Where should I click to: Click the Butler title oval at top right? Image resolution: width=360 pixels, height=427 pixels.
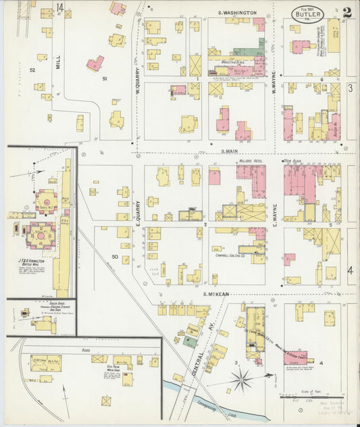coord(307,14)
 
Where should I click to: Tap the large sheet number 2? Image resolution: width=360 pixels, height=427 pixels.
coord(346,11)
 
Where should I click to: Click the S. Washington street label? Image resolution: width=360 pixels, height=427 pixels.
coord(237,13)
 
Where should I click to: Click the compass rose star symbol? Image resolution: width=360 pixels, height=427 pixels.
coord(241,380)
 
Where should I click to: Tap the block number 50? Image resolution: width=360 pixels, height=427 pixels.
coord(114,257)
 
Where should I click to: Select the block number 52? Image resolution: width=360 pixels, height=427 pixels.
coord(32,70)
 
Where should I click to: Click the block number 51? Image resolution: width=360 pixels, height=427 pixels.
coord(104,79)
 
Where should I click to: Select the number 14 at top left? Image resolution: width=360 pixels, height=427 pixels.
coord(59,7)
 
